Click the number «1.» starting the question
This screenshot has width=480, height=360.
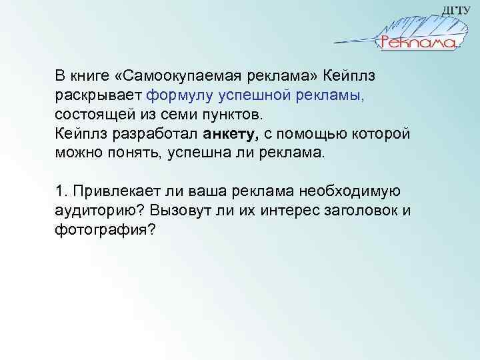pyautogui.click(x=62, y=192)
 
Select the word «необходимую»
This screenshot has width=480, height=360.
pyautogui.click(x=349, y=192)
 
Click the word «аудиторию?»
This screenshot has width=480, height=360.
pyautogui.click(x=97, y=212)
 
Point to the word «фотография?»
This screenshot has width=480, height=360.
pyautogui.click(x=105, y=232)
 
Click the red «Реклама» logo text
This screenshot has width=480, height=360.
pyautogui.click(x=418, y=43)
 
